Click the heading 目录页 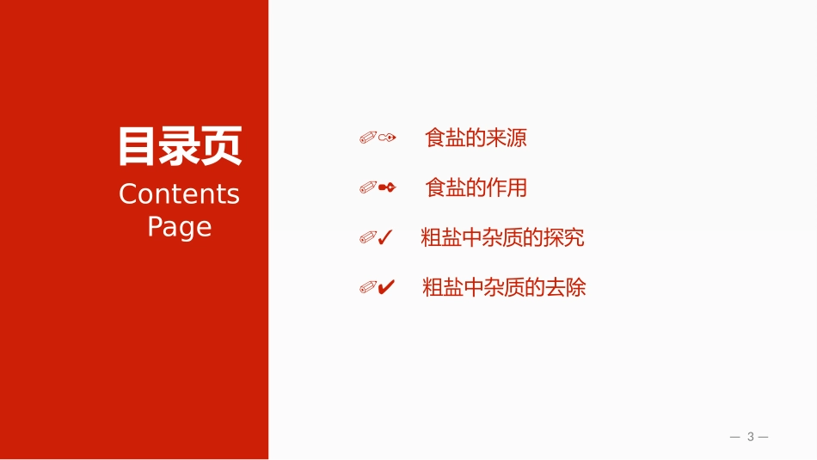180,146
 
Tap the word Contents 179,194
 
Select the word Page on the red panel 179,227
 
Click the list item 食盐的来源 476,138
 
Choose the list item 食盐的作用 476,187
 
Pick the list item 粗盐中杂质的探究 502,237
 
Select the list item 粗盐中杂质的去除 504,287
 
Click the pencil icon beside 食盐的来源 368,138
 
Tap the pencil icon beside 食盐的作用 368,187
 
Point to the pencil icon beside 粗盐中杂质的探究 368,237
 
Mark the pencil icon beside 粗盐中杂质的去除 368,287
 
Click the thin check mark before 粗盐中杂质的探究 386,237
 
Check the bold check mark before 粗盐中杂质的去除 387,287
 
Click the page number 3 750,437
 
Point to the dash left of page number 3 734,437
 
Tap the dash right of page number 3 764,437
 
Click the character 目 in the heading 138,146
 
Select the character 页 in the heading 222,146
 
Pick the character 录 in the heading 180,146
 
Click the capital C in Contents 128,194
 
